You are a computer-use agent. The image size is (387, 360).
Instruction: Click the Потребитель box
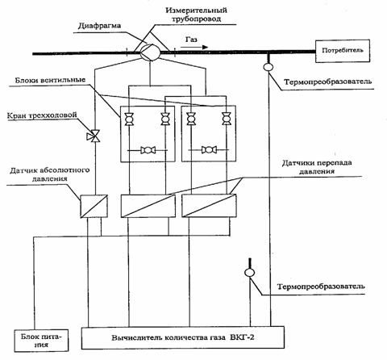click(x=343, y=51)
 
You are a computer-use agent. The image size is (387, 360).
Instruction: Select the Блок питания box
click(x=41, y=341)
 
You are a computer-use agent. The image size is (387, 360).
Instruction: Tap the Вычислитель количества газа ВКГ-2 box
click(x=183, y=337)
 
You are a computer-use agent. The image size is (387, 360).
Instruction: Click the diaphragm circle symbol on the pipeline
click(x=150, y=52)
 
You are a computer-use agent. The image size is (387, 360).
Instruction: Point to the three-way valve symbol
click(x=94, y=136)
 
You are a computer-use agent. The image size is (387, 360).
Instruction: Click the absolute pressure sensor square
click(x=94, y=206)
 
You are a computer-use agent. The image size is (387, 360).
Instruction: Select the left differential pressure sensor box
click(x=148, y=206)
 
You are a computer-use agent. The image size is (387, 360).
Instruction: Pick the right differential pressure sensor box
click(x=210, y=206)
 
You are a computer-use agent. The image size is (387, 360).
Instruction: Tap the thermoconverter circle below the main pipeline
click(x=268, y=66)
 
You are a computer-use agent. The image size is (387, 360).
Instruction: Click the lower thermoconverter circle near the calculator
click(x=250, y=273)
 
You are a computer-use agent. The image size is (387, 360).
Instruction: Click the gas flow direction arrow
click(x=194, y=48)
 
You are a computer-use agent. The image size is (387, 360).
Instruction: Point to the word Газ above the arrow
click(x=191, y=40)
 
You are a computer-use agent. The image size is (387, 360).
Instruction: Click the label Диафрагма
click(x=99, y=26)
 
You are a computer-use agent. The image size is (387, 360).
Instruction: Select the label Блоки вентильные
click(x=50, y=81)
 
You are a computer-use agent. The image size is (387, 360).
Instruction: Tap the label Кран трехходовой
click(x=42, y=115)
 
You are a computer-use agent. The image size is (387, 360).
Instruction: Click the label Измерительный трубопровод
click(x=197, y=15)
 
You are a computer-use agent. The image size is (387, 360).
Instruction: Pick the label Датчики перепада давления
click(x=317, y=167)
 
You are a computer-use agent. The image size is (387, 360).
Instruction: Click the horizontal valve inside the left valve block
click(x=148, y=150)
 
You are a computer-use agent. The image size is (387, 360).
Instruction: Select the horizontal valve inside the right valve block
click(x=209, y=150)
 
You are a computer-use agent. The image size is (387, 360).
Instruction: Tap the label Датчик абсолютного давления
click(x=50, y=174)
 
